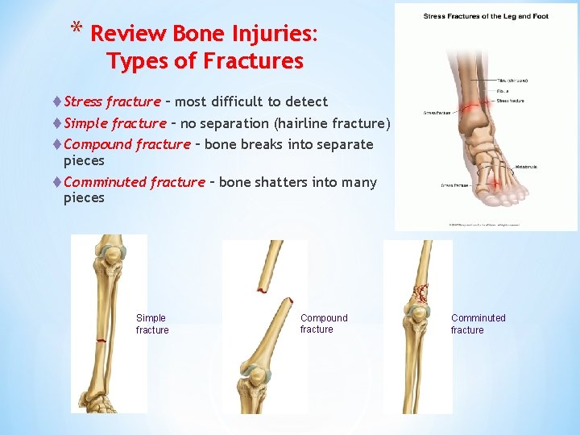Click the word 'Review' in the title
[x=128, y=35]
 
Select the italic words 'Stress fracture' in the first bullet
[x=112, y=101]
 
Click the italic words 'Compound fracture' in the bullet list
[x=126, y=144]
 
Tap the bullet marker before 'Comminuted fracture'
[x=57, y=182]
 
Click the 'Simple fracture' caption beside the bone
[x=152, y=324]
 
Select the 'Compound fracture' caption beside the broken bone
[x=324, y=324]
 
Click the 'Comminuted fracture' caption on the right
[x=478, y=324]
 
